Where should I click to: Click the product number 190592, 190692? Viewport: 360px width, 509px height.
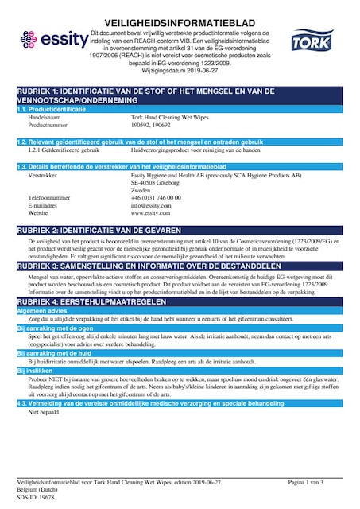click(x=149, y=125)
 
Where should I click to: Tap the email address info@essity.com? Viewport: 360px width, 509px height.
click(x=150, y=205)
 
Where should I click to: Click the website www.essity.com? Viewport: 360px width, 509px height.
click(x=150, y=213)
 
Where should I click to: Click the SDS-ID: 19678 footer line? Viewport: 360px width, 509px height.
click(x=35, y=498)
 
